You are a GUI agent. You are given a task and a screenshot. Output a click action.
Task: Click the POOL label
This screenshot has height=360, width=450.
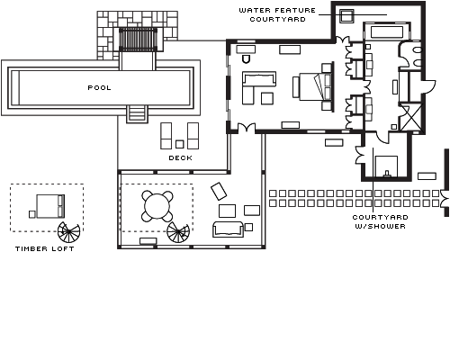99,88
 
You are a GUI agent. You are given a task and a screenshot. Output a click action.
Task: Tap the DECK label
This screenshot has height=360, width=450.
181,158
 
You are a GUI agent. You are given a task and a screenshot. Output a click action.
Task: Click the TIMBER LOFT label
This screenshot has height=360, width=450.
45,248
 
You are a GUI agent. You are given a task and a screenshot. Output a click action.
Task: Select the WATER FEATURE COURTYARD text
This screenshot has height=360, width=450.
277,14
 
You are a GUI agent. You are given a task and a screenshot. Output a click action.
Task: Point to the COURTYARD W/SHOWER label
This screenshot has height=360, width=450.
380,221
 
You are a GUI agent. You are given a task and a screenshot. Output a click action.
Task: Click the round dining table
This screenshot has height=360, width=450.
157,207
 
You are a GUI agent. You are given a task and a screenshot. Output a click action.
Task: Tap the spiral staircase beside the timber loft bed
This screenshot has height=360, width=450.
68,232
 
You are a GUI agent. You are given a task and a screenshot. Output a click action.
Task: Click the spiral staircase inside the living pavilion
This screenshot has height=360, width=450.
178,232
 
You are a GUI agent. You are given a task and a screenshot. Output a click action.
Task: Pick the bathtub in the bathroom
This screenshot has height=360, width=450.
386,32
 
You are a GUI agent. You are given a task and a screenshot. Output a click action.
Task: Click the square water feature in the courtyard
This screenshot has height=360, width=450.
346,15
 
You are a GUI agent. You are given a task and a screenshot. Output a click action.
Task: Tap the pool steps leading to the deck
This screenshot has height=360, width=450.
137,114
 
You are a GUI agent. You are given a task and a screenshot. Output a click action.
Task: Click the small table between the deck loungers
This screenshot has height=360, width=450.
180,144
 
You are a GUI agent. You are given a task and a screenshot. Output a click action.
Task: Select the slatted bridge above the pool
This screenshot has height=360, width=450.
138,40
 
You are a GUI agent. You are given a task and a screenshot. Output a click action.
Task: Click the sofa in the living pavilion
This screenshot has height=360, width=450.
228,229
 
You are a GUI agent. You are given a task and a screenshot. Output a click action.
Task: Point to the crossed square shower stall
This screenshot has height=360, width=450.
410,117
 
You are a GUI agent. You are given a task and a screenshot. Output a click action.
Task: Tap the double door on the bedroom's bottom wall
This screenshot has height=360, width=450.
247,127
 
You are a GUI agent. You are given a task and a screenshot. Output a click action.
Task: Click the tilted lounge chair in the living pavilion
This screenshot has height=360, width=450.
219,191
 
